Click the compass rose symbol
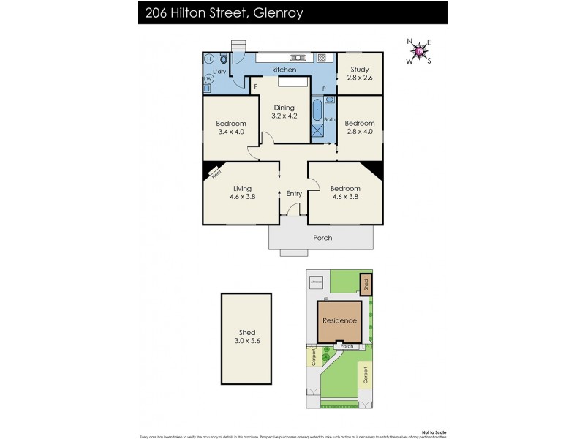418,50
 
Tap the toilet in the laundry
223,59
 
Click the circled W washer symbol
208,78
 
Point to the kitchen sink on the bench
298,57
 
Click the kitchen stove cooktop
321,58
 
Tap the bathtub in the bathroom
317,110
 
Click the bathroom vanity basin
329,97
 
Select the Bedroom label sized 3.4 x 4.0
231,128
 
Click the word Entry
294,194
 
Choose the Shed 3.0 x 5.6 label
246,337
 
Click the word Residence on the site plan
340,320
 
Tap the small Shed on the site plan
366,283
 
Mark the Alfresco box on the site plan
316,280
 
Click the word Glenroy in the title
276,12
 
